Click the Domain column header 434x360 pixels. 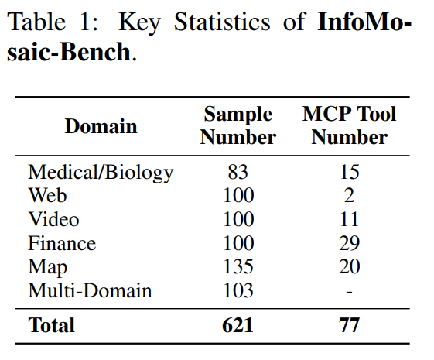click(101, 126)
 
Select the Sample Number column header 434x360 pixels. click(238, 126)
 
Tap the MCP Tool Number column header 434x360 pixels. click(349, 126)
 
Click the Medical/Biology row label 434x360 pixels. click(101, 172)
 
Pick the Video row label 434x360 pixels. click(53, 219)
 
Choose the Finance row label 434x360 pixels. click(62, 243)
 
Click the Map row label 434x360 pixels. click(47, 267)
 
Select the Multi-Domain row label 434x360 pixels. click(90, 291)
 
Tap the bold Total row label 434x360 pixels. click(52, 325)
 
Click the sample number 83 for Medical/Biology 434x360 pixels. click(238, 172)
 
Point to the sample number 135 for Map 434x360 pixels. click(238, 267)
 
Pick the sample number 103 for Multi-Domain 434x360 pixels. click(238, 291)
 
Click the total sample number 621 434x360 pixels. click(238, 325)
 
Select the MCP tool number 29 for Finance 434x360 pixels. click(349, 243)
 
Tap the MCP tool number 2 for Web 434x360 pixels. click(349, 195)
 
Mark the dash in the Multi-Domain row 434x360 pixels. click(349, 292)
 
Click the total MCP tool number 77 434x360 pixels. click(349, 325)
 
